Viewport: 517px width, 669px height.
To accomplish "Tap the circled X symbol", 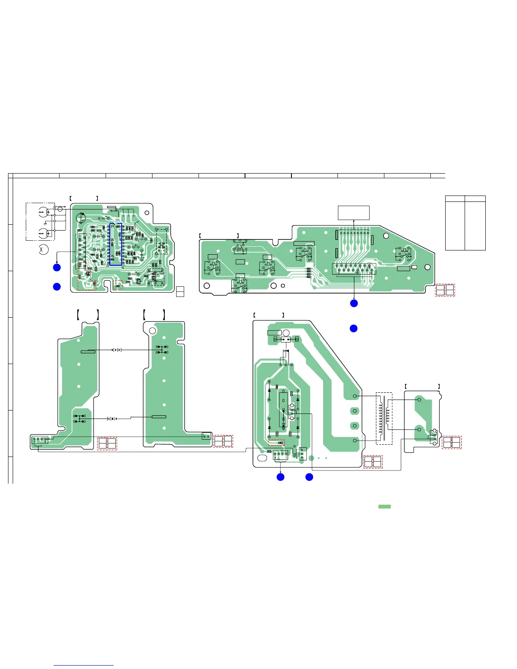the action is (42, 250).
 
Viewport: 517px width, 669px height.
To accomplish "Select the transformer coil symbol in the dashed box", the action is (384, 418).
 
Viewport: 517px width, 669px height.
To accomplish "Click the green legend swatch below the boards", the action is (384, 506).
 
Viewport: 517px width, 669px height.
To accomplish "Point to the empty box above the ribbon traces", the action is (354, 213).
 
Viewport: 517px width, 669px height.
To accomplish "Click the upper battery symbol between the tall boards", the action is (117, 350).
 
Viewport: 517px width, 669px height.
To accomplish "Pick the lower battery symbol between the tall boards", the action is (112, 419).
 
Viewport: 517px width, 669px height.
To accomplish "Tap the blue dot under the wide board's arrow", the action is (354, 303).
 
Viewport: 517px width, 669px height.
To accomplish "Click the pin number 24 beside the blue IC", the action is (112, 226).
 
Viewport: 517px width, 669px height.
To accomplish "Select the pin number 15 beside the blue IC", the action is (112, 255).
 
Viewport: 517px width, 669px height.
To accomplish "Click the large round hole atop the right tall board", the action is (152, 330).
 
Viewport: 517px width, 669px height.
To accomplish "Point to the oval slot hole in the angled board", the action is (263, 459).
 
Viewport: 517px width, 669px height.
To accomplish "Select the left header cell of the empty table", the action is (455, 199).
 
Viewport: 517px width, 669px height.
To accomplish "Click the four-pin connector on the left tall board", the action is (39, 440).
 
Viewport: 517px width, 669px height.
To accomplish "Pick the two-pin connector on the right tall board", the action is (206, 436).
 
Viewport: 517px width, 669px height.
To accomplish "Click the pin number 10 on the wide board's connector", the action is (357, 273).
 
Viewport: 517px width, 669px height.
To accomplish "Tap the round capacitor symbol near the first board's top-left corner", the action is (81, 218).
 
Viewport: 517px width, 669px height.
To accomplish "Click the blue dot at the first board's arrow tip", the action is (57, 267).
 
